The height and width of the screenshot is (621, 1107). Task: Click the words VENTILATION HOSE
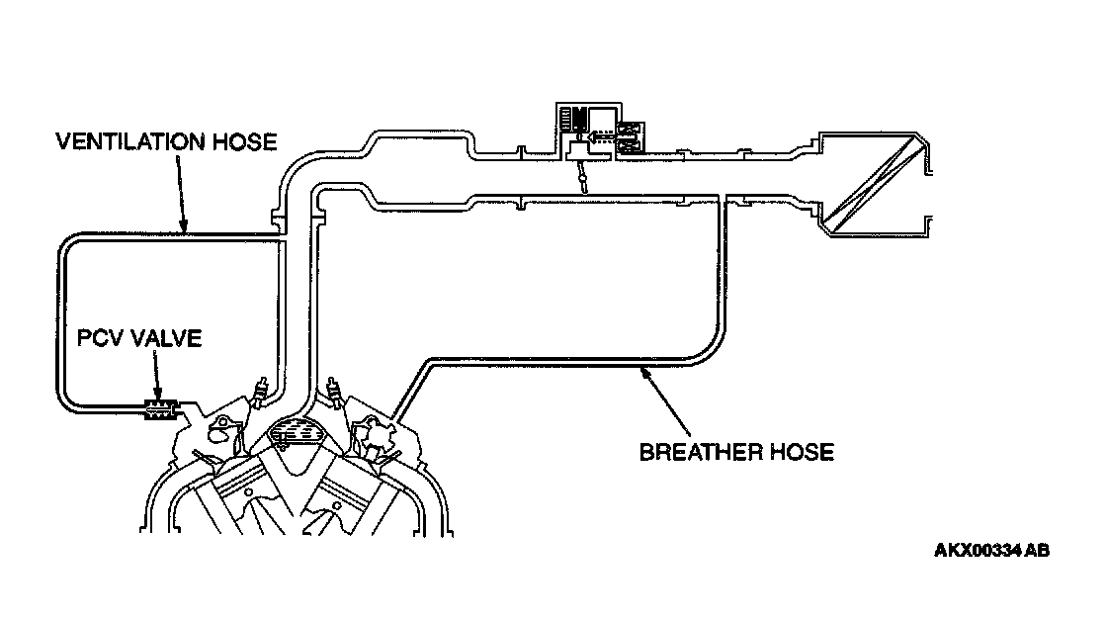pyautogui.click(x=165, y=141)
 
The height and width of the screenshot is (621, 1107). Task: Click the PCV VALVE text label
pyautogui.click(x=139, y=339)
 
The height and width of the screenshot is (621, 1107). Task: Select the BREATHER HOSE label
pyautogui.click(x=736, y=452)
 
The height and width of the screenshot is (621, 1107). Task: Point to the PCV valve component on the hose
pyautogui.click(x=158, y=407)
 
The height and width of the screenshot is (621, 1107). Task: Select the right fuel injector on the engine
pyautogui.click(x=335, y=390)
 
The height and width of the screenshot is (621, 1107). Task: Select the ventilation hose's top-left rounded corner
pyautogui.click(x=68, y=244)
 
